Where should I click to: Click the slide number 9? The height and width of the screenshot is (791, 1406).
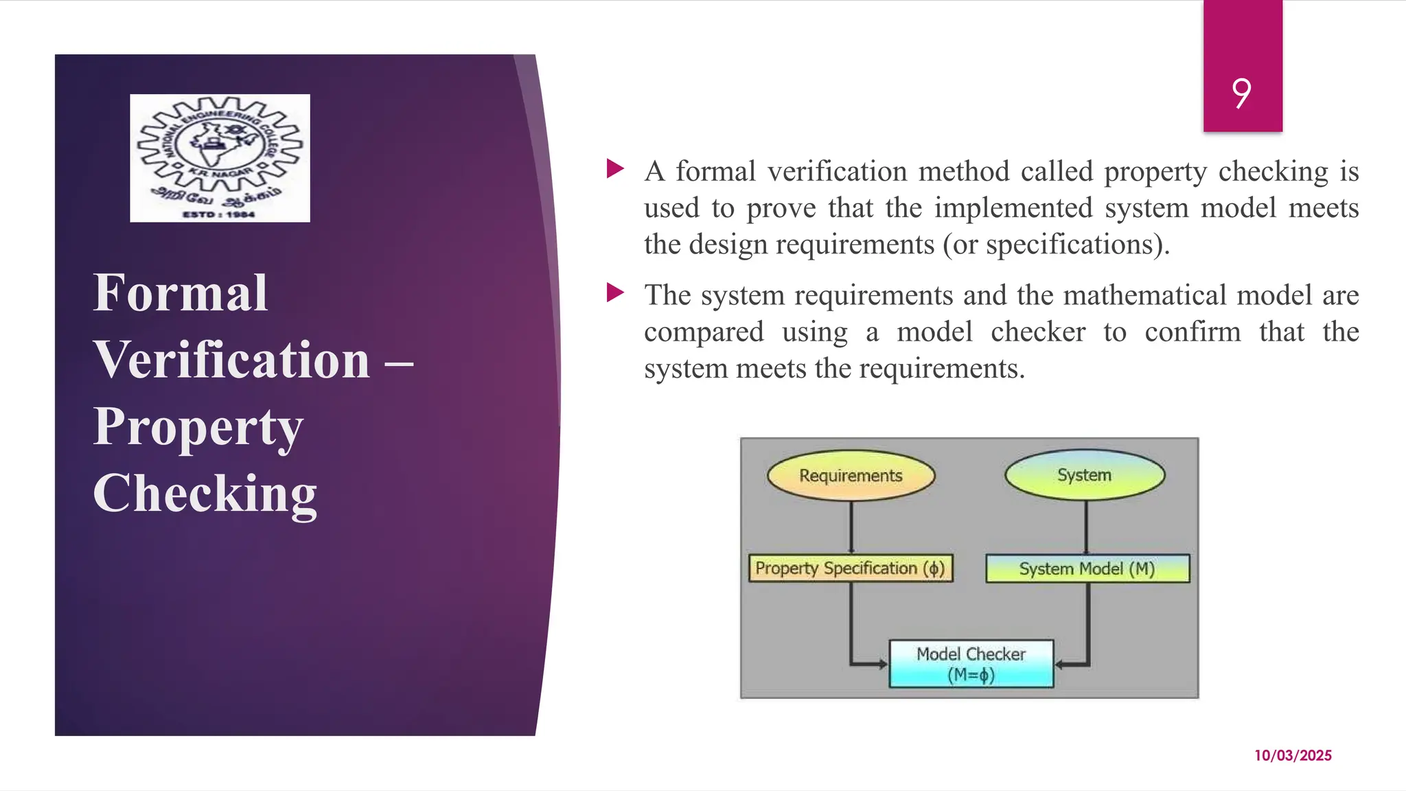tap(1241, 93)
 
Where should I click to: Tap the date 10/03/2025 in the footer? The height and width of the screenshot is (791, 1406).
tap(1293, 755)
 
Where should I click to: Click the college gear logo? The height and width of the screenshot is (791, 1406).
tap(220, 158)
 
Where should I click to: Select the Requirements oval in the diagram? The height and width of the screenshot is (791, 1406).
tap(851, 475)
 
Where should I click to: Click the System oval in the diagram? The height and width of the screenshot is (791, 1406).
tap(1085, 474)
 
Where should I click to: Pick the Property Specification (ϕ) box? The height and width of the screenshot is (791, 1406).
tap(850, 569)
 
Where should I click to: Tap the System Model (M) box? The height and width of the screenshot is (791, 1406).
tap(1087, 569)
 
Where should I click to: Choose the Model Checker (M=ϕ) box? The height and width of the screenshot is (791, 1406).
tap(971, 664)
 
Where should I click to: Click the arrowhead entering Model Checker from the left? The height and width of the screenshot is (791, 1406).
tap(883, 664)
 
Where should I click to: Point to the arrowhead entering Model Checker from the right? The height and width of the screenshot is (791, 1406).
tap(1059, 665)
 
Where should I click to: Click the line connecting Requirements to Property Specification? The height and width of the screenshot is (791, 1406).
tap(851, 527)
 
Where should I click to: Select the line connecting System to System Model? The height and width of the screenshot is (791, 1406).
tap(1086, 527)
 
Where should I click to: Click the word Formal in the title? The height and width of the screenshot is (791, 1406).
tap(180, 293)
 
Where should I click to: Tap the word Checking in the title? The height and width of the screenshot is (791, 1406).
tap(205, 494)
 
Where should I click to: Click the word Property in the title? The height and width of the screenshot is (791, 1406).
tap(198, 427)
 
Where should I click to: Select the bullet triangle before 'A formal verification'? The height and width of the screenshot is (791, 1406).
tap(615, 169)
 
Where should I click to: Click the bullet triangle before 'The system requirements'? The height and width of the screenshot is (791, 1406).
tap(615, 293)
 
